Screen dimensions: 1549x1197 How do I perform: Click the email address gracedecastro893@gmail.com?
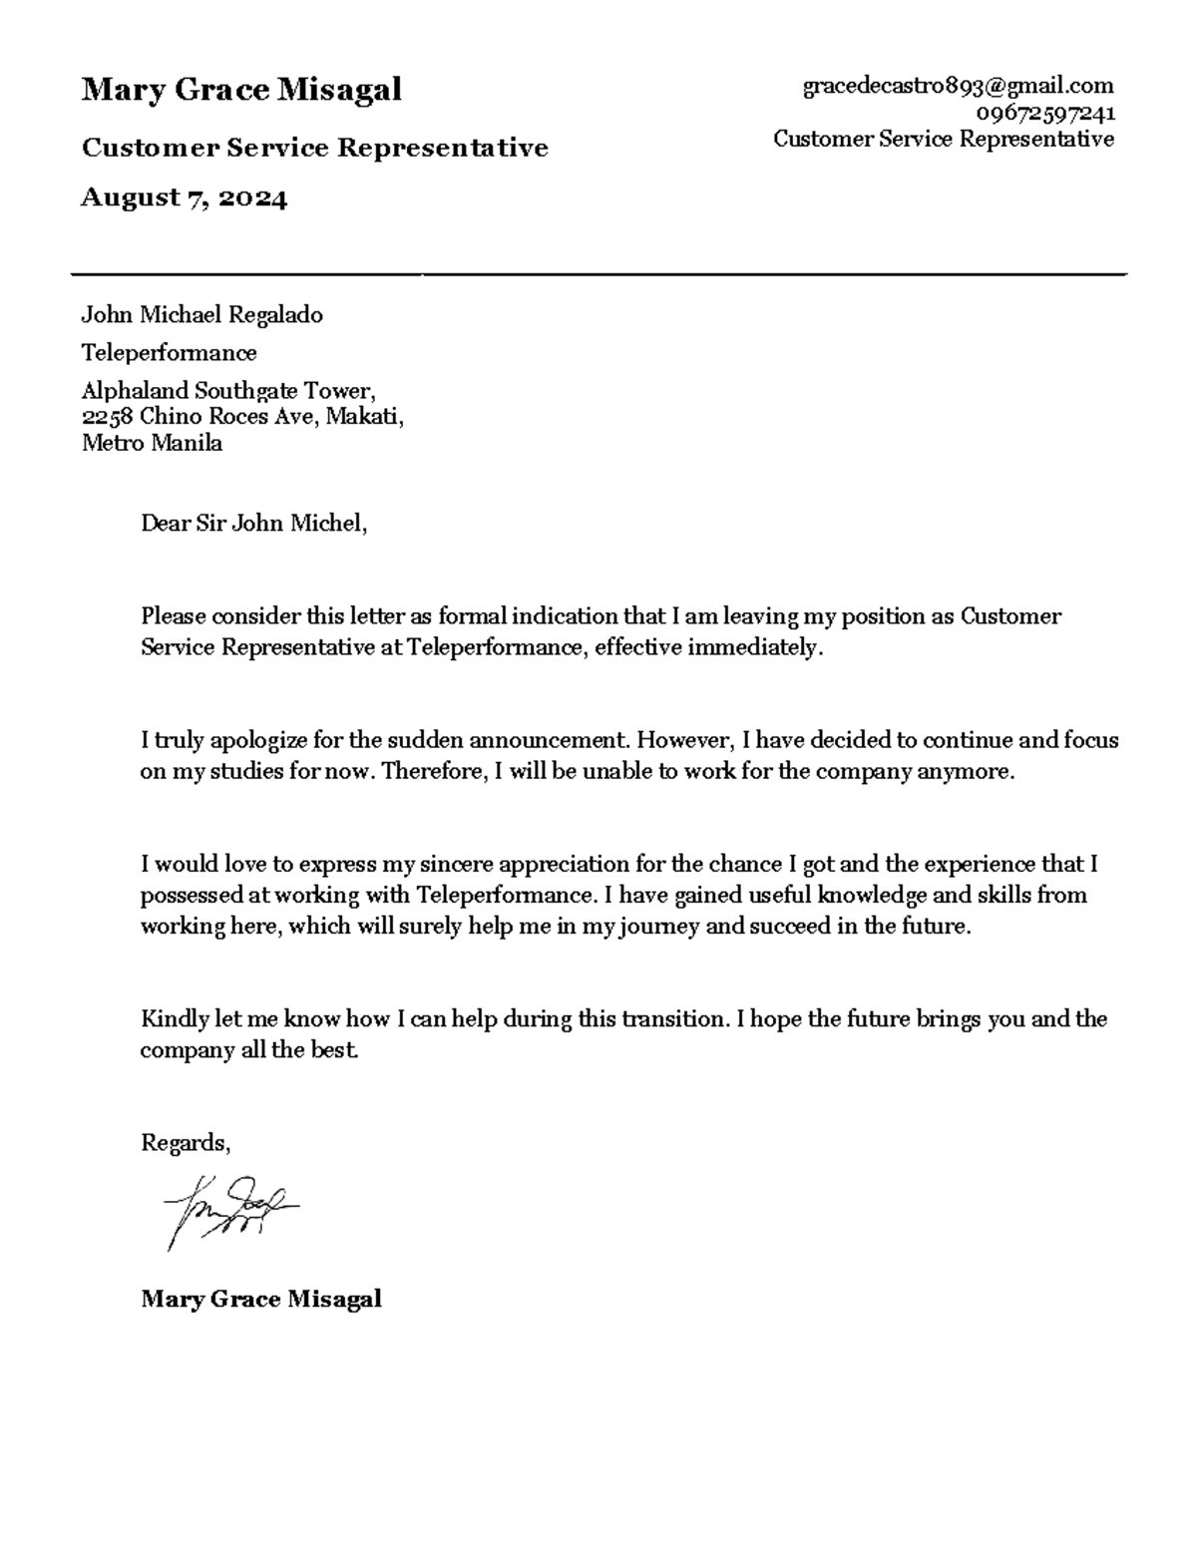958,87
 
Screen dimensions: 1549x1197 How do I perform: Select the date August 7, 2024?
184,198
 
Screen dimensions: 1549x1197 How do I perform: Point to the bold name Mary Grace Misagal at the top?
241,90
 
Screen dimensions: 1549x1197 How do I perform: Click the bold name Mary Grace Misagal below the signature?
261,1299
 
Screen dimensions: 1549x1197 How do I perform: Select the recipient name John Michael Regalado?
201,315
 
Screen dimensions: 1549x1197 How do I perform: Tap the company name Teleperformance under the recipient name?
169,353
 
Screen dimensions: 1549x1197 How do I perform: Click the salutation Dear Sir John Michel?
253,523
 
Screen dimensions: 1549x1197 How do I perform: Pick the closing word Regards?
186,1143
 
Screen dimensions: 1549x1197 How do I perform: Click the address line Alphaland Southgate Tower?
228,390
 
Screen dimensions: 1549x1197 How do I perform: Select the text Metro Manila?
152,443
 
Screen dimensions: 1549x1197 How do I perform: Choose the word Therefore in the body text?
434,771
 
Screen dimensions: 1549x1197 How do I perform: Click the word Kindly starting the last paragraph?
175,1019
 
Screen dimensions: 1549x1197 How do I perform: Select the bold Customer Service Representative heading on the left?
314,149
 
